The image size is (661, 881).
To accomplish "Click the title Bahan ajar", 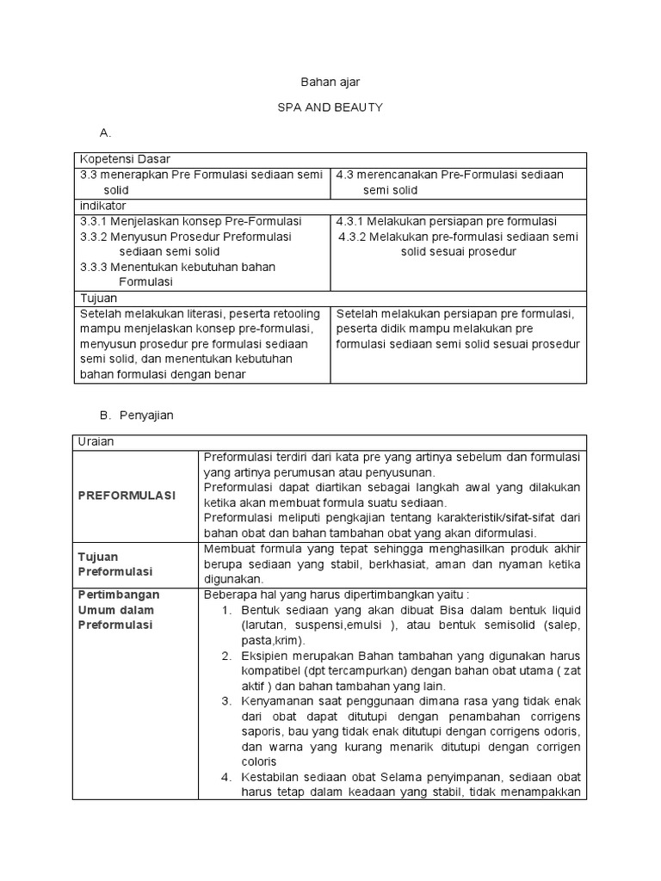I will (330, 82).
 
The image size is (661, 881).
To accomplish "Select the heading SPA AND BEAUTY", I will (330, 108).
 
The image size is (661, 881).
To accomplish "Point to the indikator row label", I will (102, 206).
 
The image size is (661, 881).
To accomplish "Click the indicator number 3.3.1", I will (96, 221).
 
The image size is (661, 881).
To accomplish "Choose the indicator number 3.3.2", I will (96, 237).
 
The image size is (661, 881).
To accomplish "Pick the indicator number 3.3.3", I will (96, 267).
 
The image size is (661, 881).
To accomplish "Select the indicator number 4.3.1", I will (351, 221).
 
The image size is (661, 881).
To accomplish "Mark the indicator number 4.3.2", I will (355, 237).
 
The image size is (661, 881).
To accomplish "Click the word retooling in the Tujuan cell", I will (292, 313).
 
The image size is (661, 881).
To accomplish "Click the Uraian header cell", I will (96, 441).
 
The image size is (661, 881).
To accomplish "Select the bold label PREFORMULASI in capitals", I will (127, 496).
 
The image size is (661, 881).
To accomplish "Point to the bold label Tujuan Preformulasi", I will (115, 564).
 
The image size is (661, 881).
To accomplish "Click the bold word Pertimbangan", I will (120, 595).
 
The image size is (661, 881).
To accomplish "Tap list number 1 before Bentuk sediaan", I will (226, 610).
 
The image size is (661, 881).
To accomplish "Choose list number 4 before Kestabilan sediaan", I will (226, 778).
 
